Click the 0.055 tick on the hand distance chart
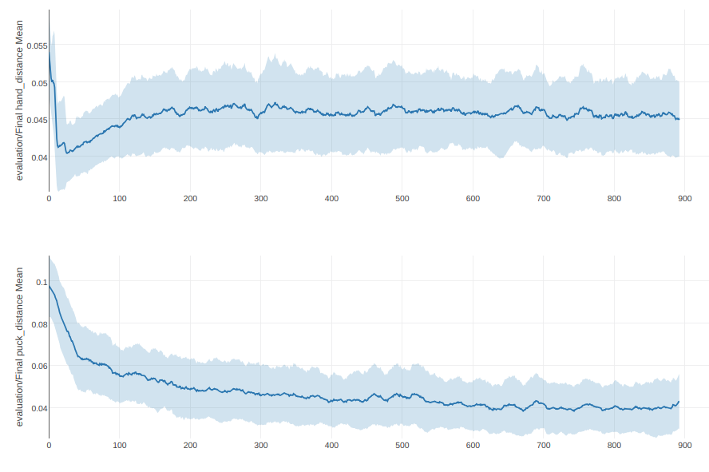point(37,46)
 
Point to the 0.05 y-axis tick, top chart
point(38,83)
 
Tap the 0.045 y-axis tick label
point(37,121)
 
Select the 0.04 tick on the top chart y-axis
point(38,157)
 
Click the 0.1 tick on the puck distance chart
point(42,282)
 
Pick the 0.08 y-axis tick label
point(38,324)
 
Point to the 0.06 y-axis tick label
point(38,367)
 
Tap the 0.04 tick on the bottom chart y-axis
point(38,408)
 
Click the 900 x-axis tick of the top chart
point(684,199)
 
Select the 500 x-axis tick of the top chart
point(402,199)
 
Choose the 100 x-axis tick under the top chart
point(119,199)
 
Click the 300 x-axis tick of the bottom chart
point(260,445)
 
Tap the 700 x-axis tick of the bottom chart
point(543,445)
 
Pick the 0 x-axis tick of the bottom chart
point(49,445)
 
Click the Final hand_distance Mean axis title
point(20,100)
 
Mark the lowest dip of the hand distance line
point(67,153)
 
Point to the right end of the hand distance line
point(679,119)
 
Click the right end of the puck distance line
point(679,402)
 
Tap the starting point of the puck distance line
point(50,286)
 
